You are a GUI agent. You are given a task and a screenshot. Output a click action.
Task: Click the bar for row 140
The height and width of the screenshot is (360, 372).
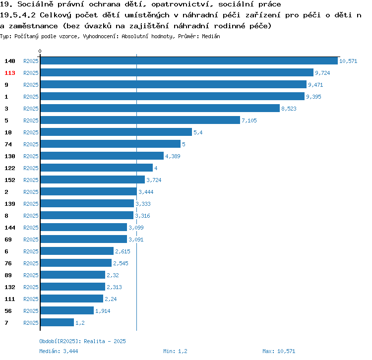[188, 61]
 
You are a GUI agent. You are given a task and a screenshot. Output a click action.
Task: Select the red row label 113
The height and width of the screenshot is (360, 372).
[10, 73]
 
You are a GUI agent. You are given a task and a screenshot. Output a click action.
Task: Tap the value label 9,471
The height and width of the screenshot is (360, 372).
[315, 85]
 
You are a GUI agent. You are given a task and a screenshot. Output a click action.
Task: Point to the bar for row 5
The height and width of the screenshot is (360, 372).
[140, 120]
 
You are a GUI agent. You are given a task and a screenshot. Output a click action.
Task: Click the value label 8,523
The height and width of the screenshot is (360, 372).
[289, 109]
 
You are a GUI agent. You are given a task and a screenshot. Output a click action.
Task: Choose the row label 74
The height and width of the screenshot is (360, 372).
[8, 144]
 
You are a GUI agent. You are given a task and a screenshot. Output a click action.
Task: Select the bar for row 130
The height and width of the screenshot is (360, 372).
[102, 156]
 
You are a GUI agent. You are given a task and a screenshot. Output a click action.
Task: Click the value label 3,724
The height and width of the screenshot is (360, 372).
[154, 180]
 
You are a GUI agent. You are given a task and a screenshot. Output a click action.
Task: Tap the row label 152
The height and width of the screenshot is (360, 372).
[10, 180]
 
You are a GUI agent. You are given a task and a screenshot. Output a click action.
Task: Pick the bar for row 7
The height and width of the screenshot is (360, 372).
[57, 323]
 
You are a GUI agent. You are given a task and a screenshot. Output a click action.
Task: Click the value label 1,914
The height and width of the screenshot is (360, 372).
[103, 311]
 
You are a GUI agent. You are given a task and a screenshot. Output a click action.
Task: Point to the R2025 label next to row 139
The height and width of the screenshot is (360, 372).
[31, 204]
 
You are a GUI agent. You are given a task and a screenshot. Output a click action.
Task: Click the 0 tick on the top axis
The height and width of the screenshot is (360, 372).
[40, 51]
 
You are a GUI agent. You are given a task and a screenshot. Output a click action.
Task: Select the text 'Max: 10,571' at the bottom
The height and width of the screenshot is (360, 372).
[279, 351]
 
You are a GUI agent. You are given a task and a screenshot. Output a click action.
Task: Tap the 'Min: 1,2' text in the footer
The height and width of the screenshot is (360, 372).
[176, 351]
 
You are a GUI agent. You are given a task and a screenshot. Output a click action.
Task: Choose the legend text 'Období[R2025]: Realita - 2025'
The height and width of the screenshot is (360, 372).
[82, 341]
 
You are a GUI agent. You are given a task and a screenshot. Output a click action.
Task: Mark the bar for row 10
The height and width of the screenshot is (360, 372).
[116, 132]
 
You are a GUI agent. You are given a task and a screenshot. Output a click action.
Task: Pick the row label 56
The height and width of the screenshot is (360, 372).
[8, 311]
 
